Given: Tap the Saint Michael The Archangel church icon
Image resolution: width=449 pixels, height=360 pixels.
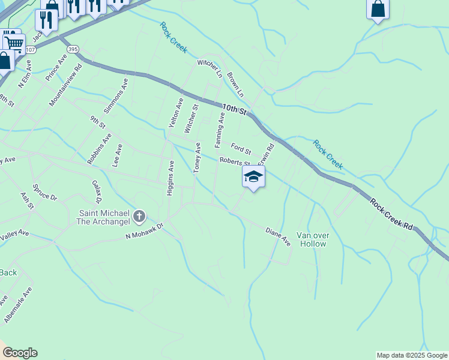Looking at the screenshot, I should click(x=139, y=215).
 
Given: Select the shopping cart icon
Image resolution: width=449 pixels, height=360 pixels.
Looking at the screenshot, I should click(x=14, y=43).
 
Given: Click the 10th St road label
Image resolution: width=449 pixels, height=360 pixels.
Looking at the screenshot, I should click(x=235, y=109).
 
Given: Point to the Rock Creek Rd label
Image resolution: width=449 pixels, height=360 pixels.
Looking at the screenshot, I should click(x=391, y=214).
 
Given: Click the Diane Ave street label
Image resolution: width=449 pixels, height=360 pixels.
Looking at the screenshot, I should click(x=278, y=236).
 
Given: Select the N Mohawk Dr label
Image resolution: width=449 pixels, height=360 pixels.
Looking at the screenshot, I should click(x=144, y=232).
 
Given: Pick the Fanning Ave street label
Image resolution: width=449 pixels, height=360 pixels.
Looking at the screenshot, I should click(x=220, y=133).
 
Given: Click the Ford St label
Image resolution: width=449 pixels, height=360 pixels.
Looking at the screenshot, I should click(x=241, y=148).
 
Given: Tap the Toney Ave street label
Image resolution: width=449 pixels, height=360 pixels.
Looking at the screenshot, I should click(x=197, y=157).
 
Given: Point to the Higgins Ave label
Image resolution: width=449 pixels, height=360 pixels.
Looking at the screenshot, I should click(x=170, y=178).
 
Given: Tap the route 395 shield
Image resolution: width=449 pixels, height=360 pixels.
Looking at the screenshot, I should click(x=73, y=49).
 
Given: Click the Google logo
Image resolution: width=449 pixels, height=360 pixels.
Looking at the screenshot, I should click(x=20, y=353).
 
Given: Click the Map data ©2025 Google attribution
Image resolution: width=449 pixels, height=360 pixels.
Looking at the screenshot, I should click(x=412, y=355).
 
